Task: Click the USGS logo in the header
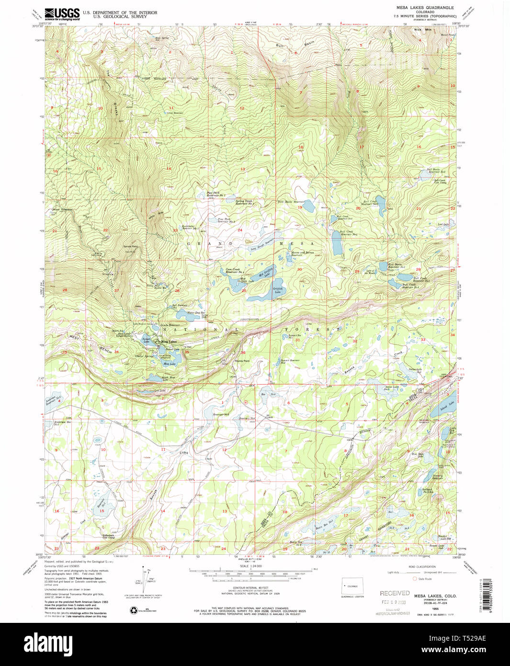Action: click(x=62, y=13)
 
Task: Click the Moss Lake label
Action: click(x=169, y=364)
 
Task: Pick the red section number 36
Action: click(x=243, y=353)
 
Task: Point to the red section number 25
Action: click(x=244, y=291)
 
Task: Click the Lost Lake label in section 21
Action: click(x=445, y=224)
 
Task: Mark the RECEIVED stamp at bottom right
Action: click(x=395, y=593)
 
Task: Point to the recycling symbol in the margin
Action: click(x=133, y=610)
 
